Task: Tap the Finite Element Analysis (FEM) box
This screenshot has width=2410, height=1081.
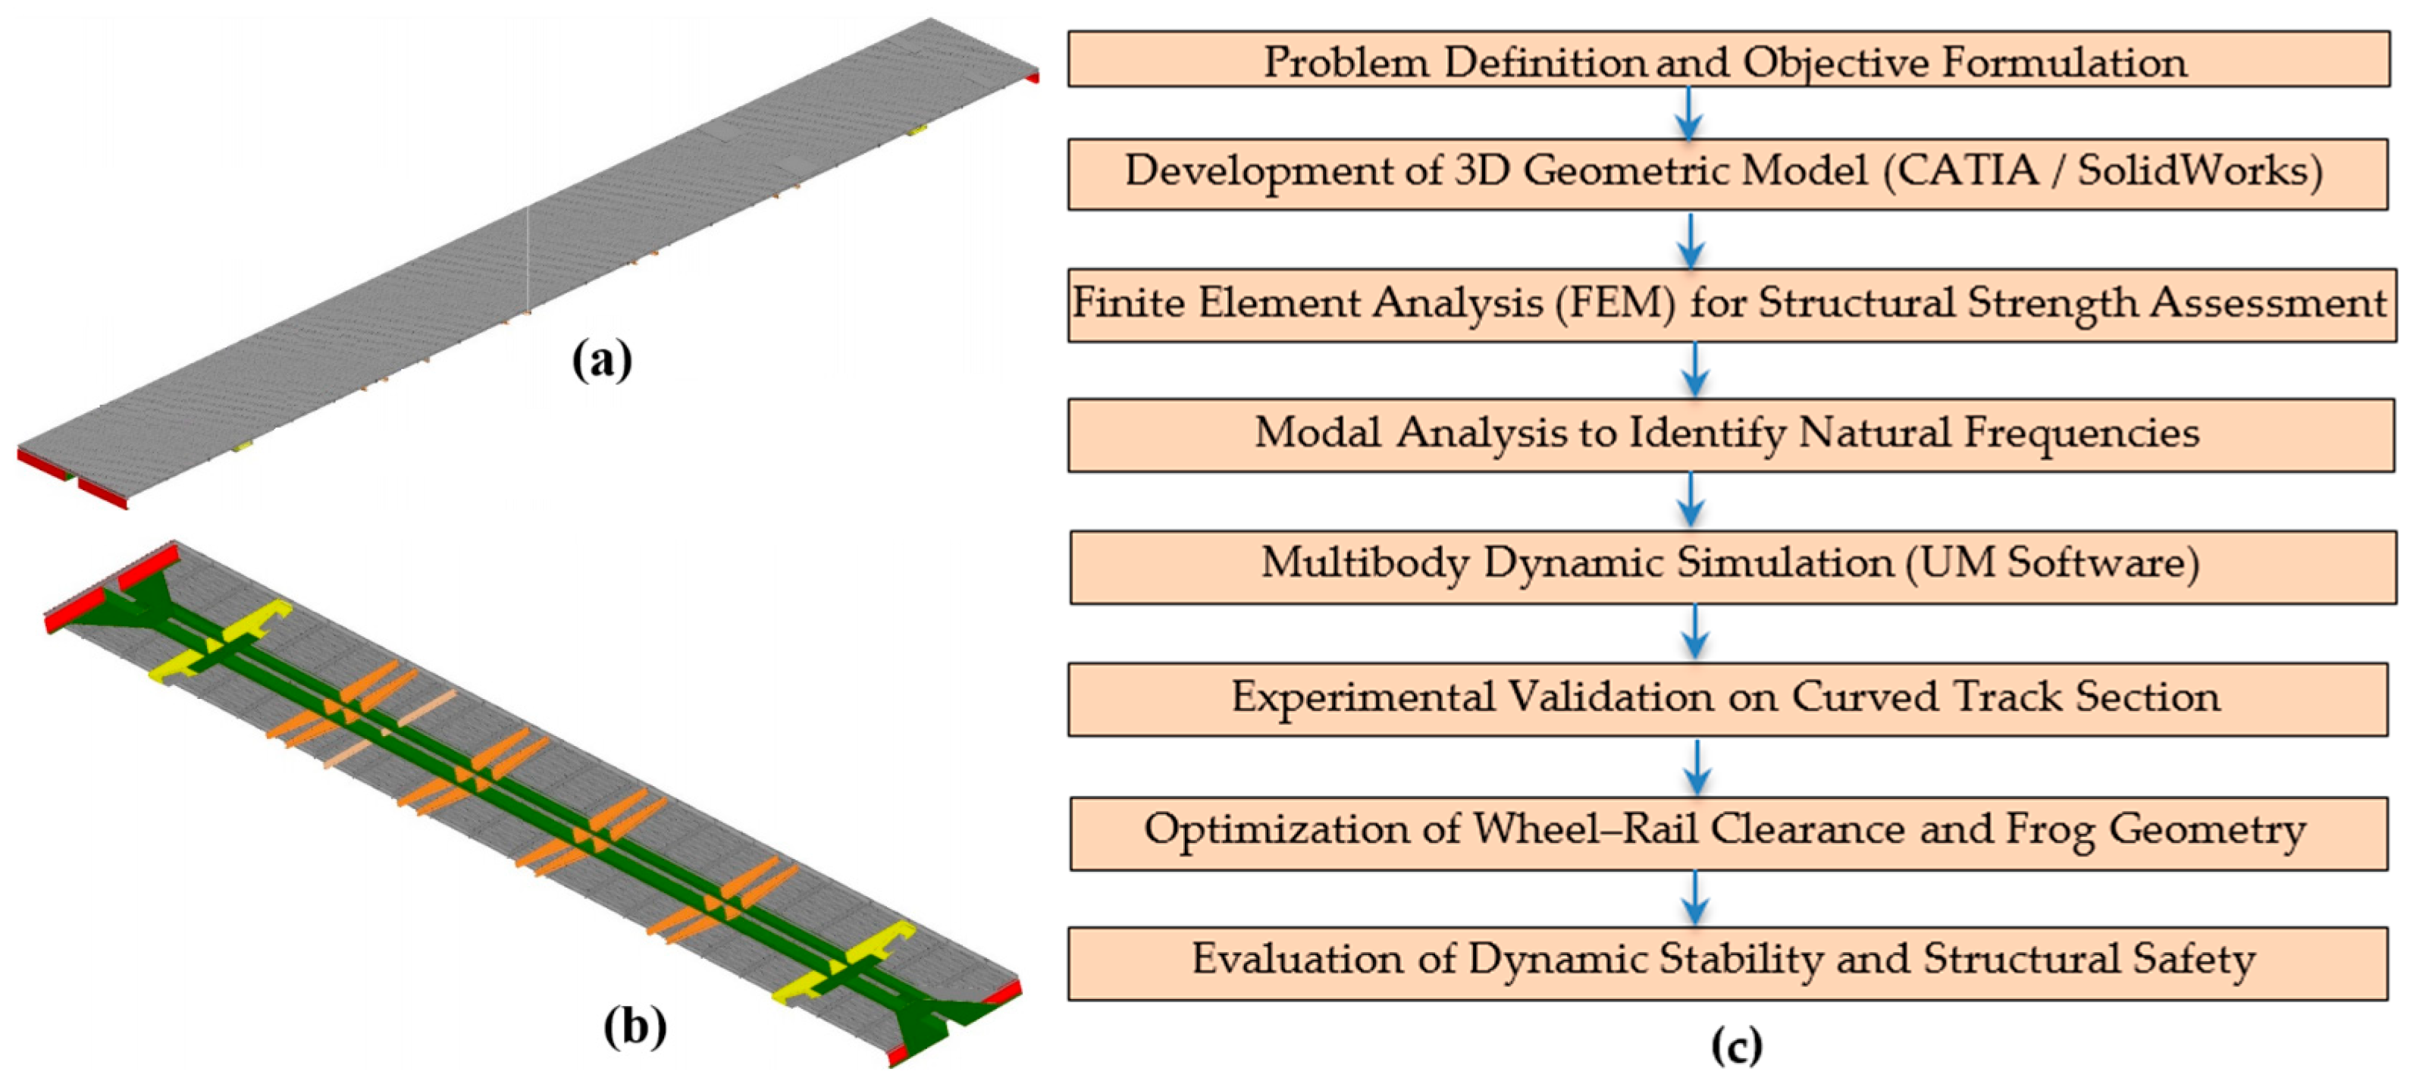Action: [1731, 304]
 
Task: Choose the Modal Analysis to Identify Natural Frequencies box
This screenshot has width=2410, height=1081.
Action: [1729, 434]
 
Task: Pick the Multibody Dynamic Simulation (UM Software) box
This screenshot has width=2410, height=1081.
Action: [1731, 566]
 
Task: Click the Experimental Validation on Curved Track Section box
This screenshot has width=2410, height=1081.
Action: [1727, 698]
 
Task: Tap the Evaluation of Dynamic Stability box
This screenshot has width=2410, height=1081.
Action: [1727, 962]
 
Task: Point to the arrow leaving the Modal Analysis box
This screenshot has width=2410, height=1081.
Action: [1690, 500]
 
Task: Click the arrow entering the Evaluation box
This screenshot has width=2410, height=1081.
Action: [1695, 898]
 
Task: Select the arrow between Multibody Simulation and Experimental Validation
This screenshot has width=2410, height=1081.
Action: [1694, 632]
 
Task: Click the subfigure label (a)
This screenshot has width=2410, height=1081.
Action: [602, 360]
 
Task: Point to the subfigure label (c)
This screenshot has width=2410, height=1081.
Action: [1736, 1045]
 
